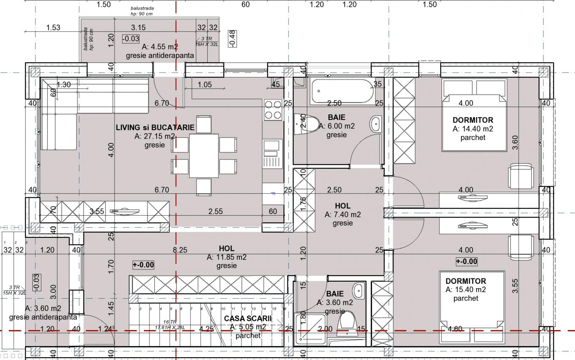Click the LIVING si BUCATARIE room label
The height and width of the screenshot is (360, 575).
click(155, 128)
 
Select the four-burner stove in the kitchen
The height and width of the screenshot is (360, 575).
click(272, 110)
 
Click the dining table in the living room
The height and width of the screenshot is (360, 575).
click(204, 156)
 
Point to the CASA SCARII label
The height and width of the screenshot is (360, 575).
click(248, 319)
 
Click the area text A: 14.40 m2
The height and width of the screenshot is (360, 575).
click(473, 129)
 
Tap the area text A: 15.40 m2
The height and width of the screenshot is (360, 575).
click(466, 290)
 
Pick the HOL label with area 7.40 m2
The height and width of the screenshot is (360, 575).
click(342, 206)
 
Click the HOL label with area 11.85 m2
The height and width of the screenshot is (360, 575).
click(226, 248)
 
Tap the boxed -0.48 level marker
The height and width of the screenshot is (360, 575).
click(232, 38)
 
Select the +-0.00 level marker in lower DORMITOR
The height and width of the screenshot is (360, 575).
click(466, 262)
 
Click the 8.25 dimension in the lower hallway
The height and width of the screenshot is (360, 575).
click(180, 250)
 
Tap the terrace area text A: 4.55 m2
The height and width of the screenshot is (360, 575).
click(160, 47)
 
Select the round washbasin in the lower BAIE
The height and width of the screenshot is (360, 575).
click(358, 290)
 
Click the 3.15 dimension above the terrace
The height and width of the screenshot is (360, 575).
click(138, 27)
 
